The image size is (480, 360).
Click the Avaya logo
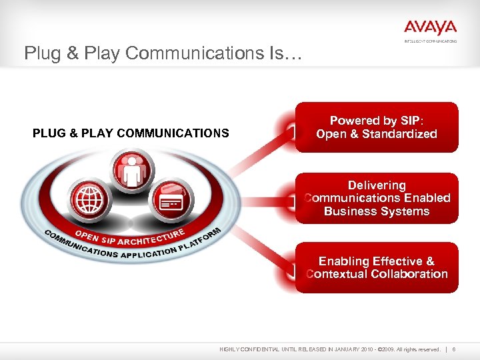click(x=430, y=27)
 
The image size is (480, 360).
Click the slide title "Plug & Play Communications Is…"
click(x=163, y=53)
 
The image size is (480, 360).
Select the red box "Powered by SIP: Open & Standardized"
click(x=377, y=127)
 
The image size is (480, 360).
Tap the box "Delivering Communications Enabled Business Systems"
click(x=377, y=198)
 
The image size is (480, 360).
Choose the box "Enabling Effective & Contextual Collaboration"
click(x=377, y=267)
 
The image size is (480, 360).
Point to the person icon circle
click(x=132, y=169)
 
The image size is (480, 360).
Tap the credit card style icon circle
click(x=171, y=201)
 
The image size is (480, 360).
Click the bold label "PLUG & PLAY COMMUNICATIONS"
click(x=131, y=133)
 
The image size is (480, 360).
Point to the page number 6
click(x=454, y=349)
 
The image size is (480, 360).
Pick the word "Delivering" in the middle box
click(x=377, y=185)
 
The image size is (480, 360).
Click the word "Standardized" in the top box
click(x=399, y=134)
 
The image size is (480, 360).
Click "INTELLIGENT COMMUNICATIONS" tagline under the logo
click(x=430, y=41)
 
